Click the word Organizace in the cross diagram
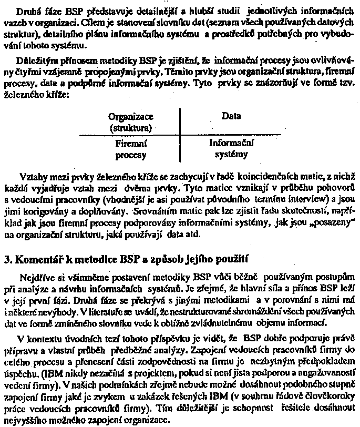[131, 118]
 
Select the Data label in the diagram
[228, 117]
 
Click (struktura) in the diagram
[130, 128]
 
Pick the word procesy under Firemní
[130, 155]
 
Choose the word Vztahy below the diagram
[32, 175]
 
